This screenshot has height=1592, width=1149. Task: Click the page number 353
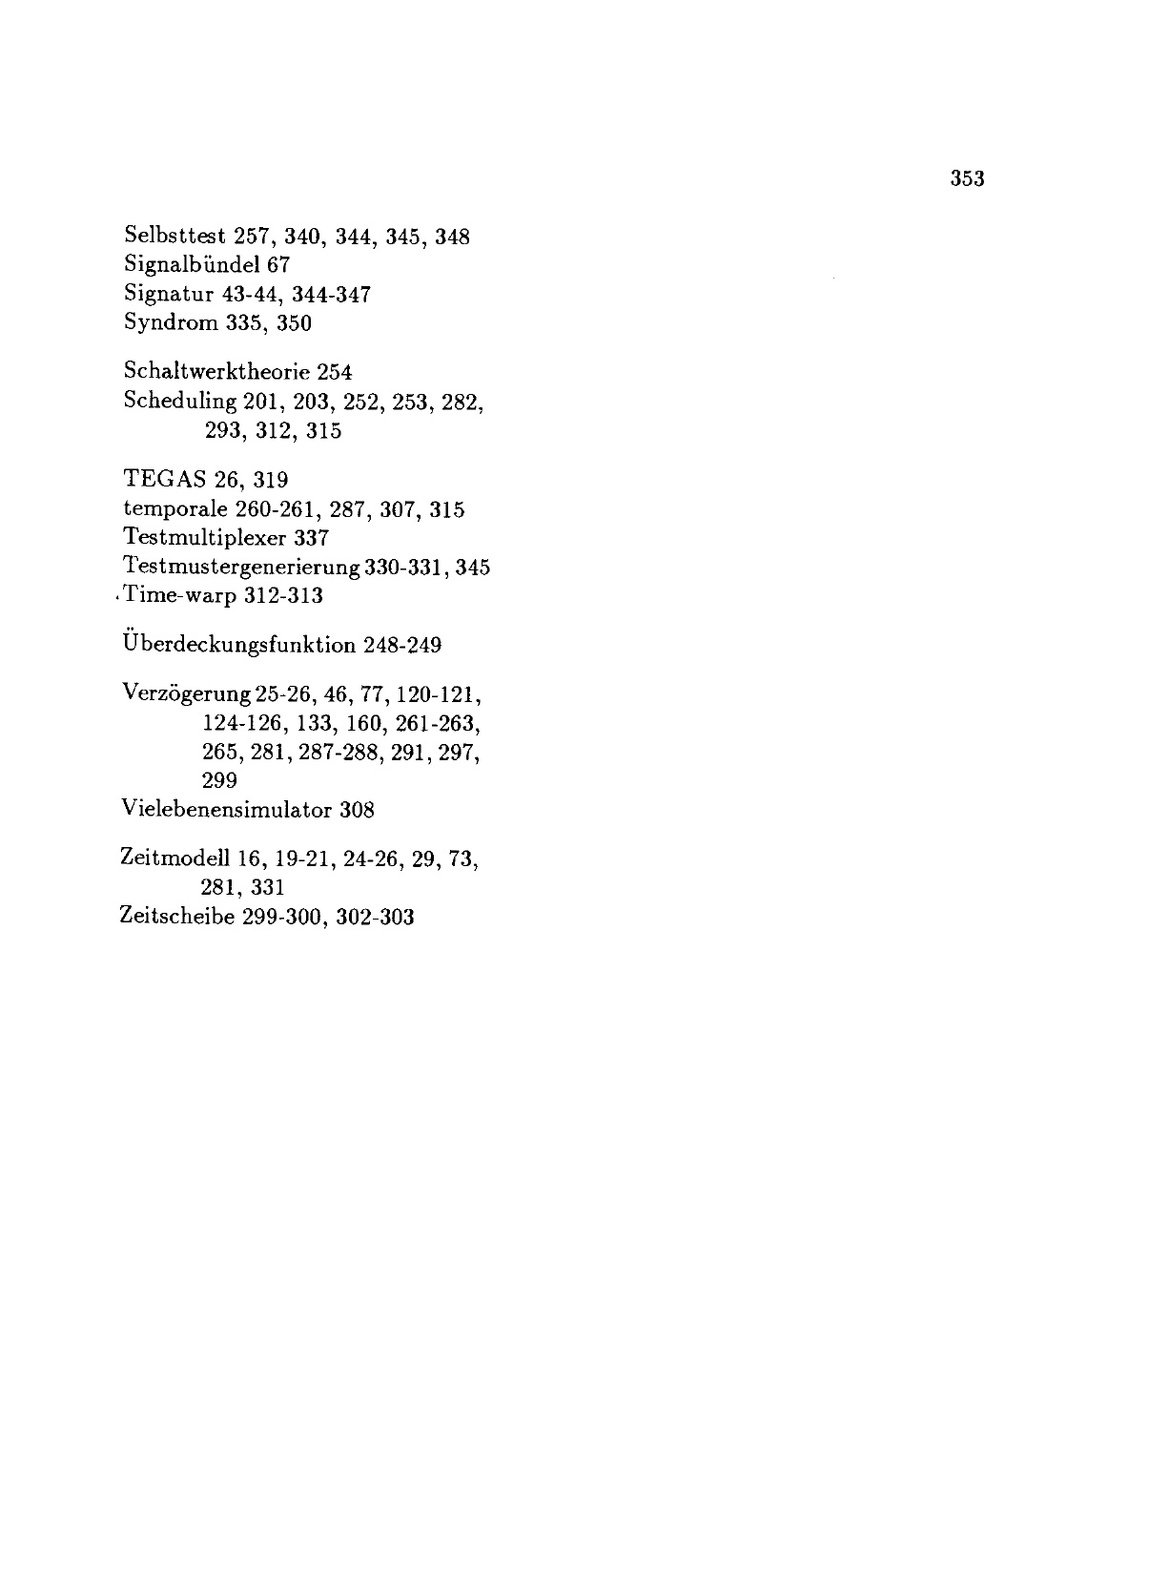coord(966,178)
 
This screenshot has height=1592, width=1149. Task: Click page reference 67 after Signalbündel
coord(278,265)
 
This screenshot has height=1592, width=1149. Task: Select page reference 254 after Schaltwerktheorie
coord(335,372)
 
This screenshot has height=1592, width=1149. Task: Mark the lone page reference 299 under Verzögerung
coord(220,781)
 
